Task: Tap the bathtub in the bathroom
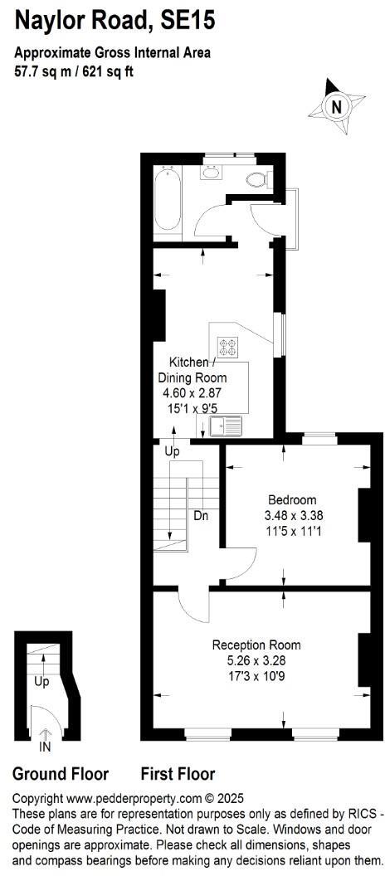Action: [x=168, y=199]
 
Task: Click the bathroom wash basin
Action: [x=212, y=173]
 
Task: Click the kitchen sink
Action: [x=225, y=426]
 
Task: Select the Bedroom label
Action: [x=292, y=499]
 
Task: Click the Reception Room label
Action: [x=256, y=645]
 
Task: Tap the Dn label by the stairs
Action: [x=201, y=515]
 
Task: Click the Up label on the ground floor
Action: [x=41, y=681]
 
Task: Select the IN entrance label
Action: [x=45, y=747]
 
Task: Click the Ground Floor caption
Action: [x=61, y=774]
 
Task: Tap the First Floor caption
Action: [x=178, y=774]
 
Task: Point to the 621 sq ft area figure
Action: [x=110, y=71]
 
